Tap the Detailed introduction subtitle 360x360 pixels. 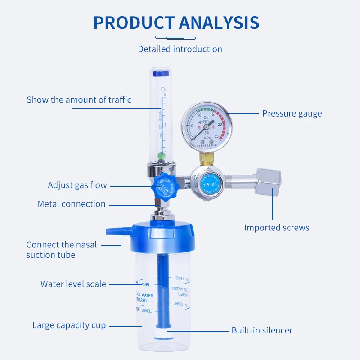click(x=180, y=49)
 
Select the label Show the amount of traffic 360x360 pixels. click(x=79, y=100)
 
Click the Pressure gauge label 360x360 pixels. click(x=292, y=113)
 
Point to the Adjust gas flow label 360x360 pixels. click(x=77, y=185)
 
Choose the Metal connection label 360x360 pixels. click(x=72, y=204)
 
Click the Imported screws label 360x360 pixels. click(x=277, y=227)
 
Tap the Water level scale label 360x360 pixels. click(x=73, y=284)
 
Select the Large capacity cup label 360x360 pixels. click(x=69, y=325)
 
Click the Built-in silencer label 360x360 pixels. click(x=262, y=330)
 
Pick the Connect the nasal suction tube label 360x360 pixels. click(x=62, y=250)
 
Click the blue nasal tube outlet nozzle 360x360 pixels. click(x=114, y=232)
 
